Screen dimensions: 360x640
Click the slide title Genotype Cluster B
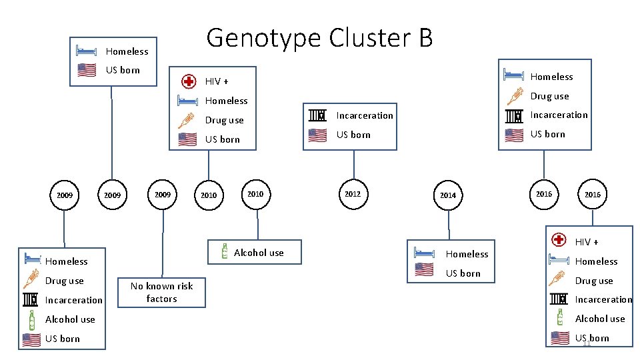pyautogui.click(x=319, y=38)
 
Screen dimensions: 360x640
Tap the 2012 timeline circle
pyautogui.click(x=353, y=194)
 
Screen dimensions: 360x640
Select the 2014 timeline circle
pyautogui.click(x=448, y=195)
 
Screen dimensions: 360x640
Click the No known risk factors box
pyautogui.click(x=161, y=292)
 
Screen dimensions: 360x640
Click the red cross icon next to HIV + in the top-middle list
pyautogui.click(x=189, y=81)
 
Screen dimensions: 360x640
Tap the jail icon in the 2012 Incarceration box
pyautogui.click(x=317, y=115)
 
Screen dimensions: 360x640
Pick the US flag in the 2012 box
pyautogui.click(x=317, y=135)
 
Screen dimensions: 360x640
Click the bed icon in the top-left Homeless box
pyautogui.click(x=87, y=51)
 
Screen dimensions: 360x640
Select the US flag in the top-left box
pyautogui.click(x=87, y=70)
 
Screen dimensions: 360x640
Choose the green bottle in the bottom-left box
pyautogui.click(x=31, y=319)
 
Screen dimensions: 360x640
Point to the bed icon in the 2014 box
pyautogui.click(x=424, y=253)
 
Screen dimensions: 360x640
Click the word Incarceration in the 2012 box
pyautogui.click(x=365, y=115)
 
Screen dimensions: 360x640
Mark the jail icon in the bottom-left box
pyautogui.click(x=31, y=300)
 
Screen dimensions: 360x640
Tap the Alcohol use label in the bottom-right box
pyautogui.click(x=600, y=319)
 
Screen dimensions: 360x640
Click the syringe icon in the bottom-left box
pyautogui.click(x=31, y=281)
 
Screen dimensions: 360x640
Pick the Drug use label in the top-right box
pyautogui.click(x=549, y=97)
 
